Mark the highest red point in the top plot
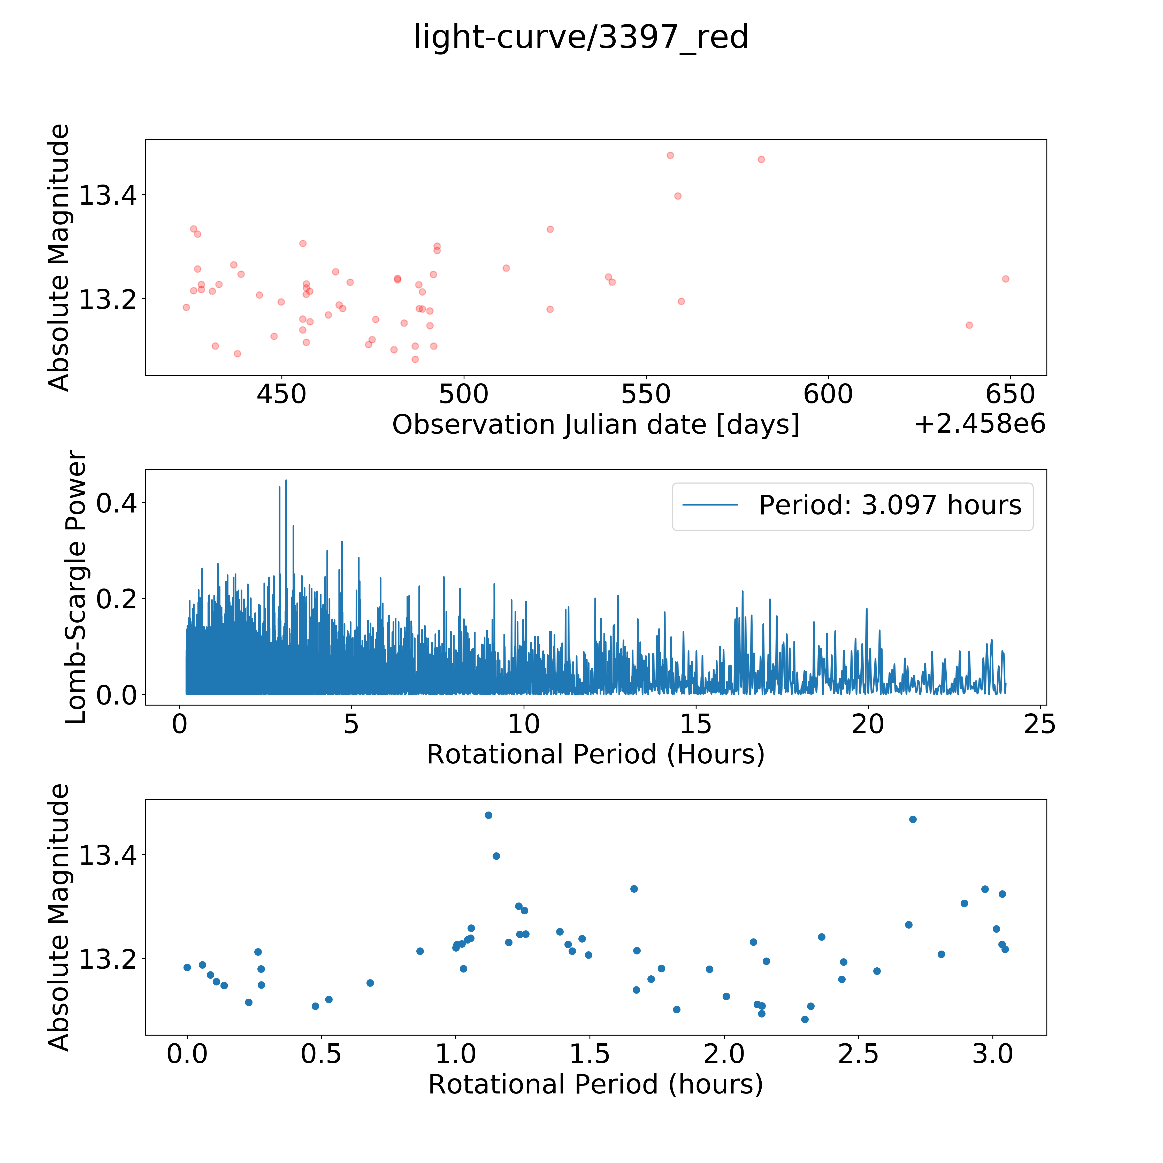pos(670,155)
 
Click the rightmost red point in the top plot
pos(1005,279)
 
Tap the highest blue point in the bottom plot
pos(488,815)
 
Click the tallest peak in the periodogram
pos(286,480)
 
